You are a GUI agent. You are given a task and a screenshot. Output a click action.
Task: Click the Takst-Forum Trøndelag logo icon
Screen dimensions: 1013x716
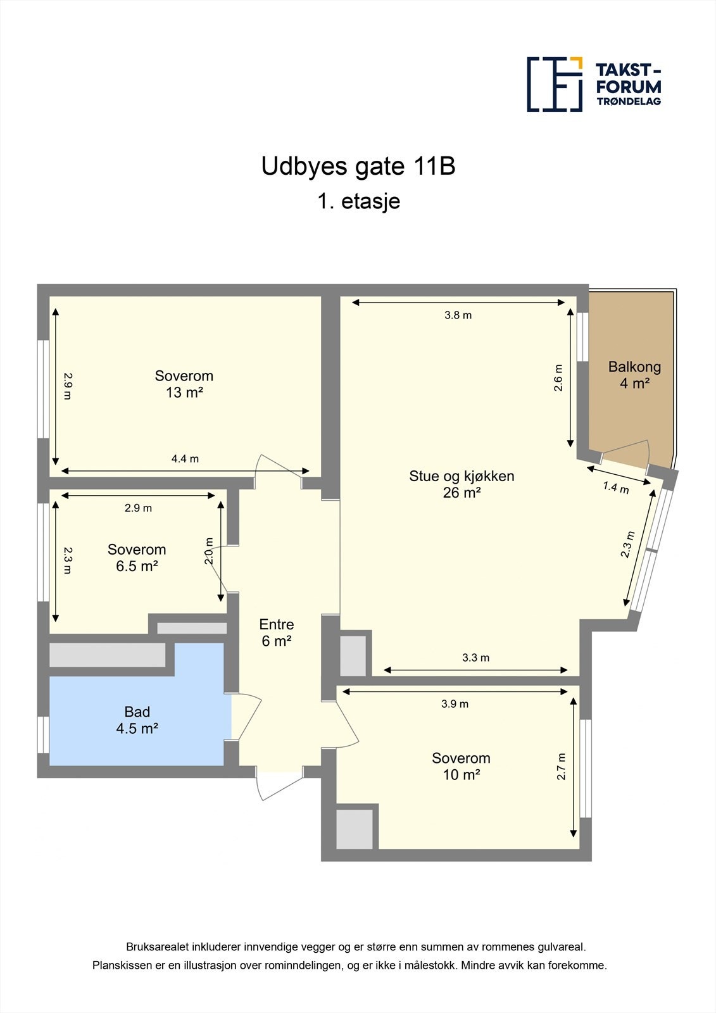pyautogui.click(x=555, y=84)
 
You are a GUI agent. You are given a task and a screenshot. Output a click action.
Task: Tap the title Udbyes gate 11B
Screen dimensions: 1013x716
pyautogui.click(x=358, y=167)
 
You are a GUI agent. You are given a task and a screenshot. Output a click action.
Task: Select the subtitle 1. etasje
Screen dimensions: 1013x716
pyautogui.click(x=358, y=201)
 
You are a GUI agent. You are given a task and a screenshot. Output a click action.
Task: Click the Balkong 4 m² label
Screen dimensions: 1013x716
pyautogui.click(x=634, y=375)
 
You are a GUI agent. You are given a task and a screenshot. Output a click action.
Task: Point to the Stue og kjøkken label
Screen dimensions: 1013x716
pyautogui.click(x=462, y=484)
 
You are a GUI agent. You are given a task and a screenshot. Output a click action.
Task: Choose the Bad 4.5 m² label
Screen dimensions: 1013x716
pyautogui.click(x=137, y=720)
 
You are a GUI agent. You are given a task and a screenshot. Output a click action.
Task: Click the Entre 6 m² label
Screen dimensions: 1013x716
pyautogui.click(x=277, y=632)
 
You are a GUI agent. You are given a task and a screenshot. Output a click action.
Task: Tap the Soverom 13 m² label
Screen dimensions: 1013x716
pyautogui.click(x=184, y=384)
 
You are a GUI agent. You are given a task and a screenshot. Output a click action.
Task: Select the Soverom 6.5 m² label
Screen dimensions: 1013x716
pyautogui.click(x=137, y=558)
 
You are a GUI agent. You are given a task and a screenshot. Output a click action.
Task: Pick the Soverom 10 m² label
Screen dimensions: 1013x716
pyautogui.click(x=461, y=766)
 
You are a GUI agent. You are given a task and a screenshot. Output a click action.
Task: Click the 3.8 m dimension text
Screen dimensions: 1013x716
pyautogui.click(x=458, y=315)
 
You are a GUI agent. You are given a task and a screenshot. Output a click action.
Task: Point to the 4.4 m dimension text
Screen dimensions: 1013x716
pyautogui.click(x=185, y=459)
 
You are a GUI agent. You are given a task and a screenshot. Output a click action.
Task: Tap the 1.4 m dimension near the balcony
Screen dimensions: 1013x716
pyautogui.click(x=616, y=488)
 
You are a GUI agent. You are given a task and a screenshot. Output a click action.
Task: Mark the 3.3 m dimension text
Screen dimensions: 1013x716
pyautogui.click(x=475, y=658)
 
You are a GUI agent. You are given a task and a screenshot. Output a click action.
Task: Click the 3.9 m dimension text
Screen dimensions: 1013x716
pyautogui.click(x=455, y=704)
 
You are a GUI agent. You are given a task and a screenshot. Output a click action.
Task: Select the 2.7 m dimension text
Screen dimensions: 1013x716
pyautogui.click(x=561, y=766)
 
